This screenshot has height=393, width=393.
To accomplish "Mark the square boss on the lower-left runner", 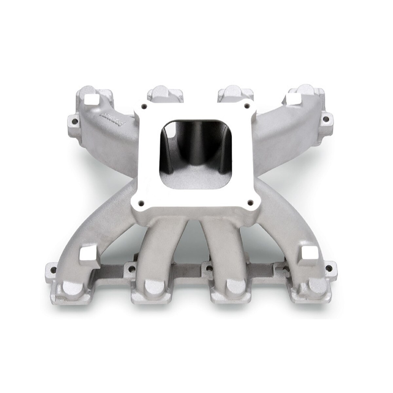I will coord(86,253).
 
